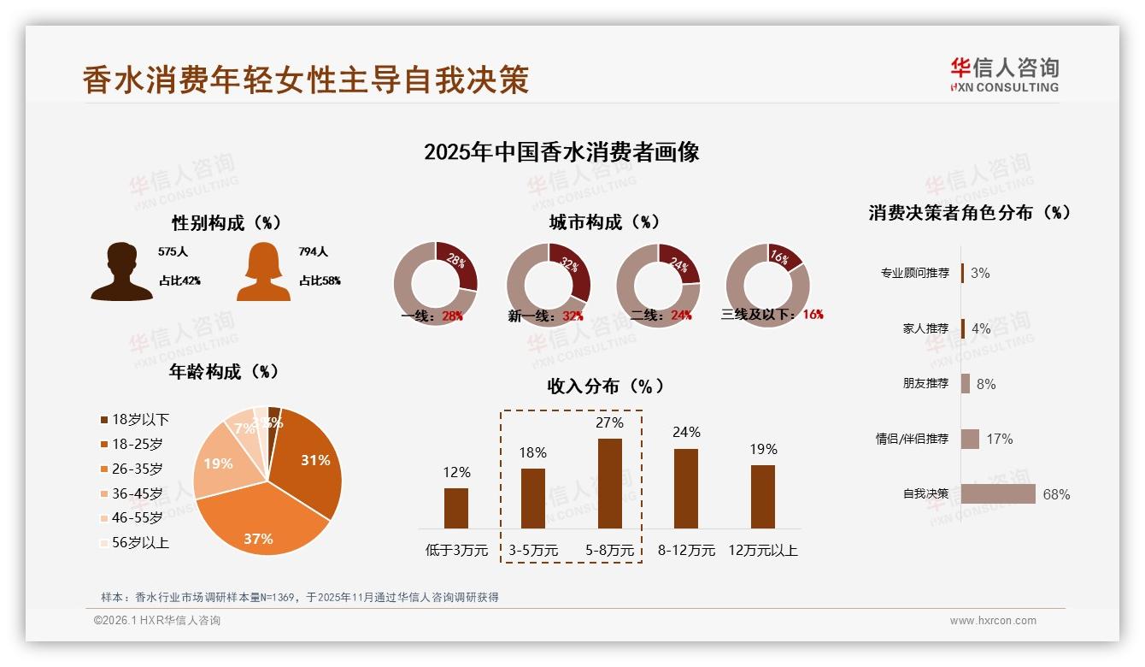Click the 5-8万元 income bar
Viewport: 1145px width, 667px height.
609,483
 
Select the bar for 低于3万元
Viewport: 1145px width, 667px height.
456,508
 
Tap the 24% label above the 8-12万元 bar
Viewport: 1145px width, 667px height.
686,433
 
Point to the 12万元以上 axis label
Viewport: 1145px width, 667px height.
762,551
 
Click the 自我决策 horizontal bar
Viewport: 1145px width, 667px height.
998,494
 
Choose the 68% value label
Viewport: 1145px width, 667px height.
1056,495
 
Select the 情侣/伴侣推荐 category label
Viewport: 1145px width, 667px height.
912,439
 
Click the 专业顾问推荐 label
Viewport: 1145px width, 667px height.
914,273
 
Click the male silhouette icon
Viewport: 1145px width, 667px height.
122,272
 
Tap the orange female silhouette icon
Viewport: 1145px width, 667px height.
263,272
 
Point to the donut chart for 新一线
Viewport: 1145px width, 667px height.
548,284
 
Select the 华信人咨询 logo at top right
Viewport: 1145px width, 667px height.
1004,75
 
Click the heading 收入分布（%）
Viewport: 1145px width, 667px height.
605,386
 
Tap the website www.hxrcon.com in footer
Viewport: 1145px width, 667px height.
993,621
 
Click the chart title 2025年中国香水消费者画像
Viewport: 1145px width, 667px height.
561,152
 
